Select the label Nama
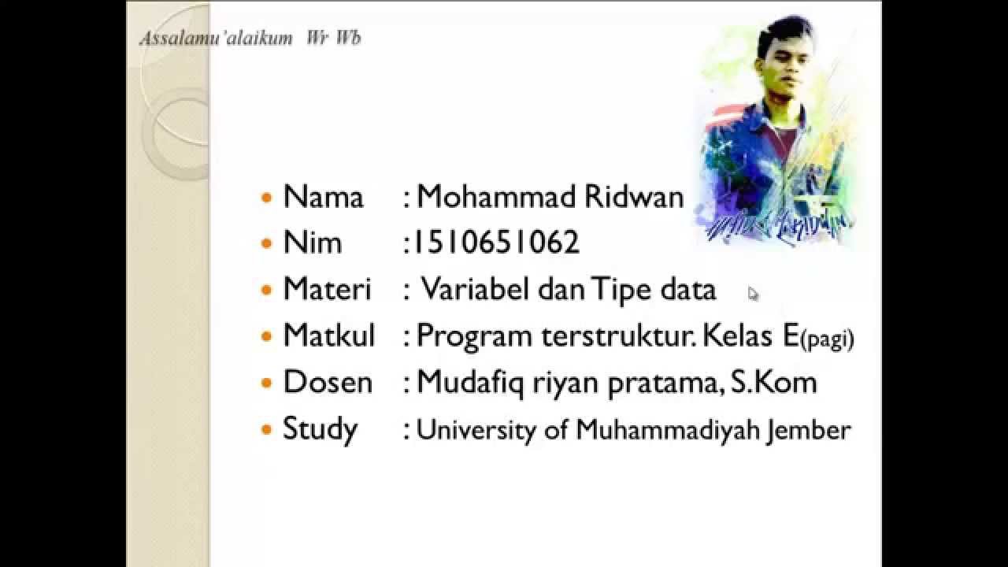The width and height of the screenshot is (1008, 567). click(323, 197)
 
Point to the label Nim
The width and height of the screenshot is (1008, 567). click(312, 243)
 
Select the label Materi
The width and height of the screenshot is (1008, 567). click(326, 289)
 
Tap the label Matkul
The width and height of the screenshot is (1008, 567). click(328, 336)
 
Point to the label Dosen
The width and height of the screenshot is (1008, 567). click(327, 383)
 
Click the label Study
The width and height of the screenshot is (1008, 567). click(320, 430)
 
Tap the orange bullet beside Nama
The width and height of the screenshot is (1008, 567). click(266, 198)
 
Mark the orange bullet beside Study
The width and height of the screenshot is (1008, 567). click(266, 430)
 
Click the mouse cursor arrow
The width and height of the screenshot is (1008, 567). click(753, 294)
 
